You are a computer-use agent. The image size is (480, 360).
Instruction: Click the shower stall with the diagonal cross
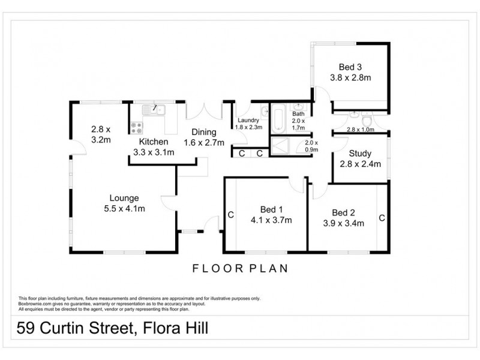286,146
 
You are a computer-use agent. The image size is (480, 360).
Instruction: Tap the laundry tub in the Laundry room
264,112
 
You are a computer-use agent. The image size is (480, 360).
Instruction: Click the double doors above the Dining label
205,112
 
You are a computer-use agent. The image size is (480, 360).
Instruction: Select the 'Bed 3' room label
345,66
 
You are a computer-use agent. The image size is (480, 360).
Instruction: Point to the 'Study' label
361,153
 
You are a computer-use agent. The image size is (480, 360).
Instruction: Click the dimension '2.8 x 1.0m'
360,129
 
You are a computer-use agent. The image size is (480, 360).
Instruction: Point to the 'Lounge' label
124,197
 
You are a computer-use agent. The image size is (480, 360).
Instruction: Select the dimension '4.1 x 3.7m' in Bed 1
272,220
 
